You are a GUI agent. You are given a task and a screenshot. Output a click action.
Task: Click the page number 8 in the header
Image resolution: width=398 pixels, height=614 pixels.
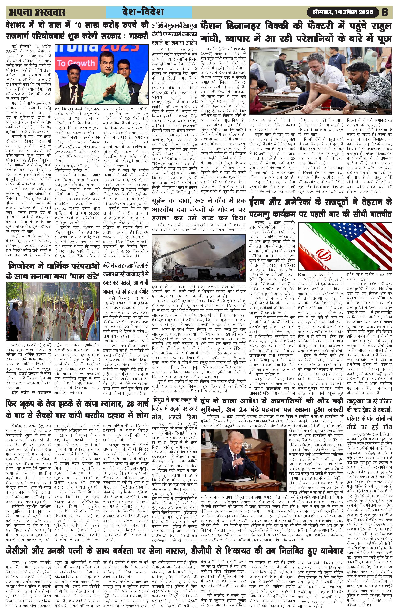point(384,12)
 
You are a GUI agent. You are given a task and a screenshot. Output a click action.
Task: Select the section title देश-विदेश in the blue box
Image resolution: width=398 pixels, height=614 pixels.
point(149,12)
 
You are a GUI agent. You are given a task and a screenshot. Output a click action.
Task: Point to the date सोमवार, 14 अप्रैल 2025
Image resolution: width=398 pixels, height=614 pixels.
point(343,12)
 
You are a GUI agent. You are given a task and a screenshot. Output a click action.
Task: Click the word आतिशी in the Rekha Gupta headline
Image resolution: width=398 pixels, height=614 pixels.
point(158,26)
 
